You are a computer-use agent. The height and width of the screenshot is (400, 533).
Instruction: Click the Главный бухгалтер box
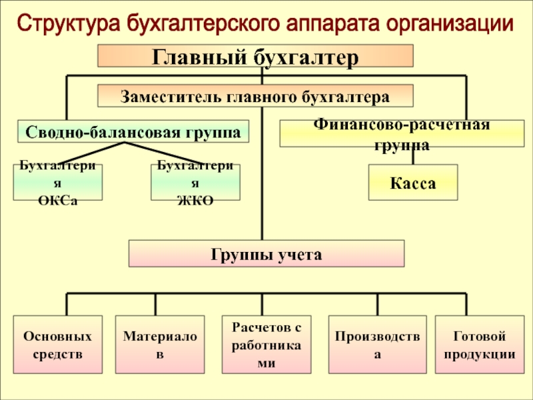[x=257, y=56]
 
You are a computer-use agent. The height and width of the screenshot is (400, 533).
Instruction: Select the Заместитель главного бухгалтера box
[x=255, y=97]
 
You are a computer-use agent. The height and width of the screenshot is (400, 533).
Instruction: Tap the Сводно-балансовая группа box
[x=133, y=131]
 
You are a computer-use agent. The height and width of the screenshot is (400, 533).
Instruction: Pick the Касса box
[x=413, y=183]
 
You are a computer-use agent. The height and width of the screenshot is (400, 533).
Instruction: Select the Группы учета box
[x=266, y=254]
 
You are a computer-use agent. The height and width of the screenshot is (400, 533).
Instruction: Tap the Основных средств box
[x=58, y=345]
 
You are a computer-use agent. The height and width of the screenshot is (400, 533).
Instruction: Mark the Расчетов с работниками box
[x=266, y=345]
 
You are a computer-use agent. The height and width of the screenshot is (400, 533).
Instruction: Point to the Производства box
[x=377, y=345]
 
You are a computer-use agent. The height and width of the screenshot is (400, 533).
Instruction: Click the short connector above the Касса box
[x=413, y=155]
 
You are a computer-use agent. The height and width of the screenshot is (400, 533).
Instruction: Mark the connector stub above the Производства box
[x=378, y=304]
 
